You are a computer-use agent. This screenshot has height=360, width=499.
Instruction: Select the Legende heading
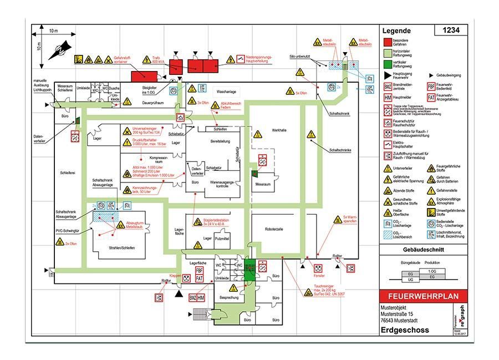coord(396,32)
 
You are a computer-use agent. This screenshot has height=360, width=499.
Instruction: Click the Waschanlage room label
coord(227,91)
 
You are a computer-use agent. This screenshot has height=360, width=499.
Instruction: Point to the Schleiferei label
coord(68,173)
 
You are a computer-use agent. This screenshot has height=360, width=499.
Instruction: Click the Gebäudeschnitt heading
coord(422,251)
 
